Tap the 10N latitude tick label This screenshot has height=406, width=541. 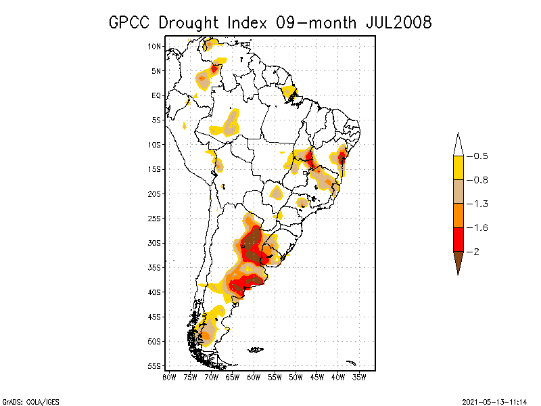click(155, 46)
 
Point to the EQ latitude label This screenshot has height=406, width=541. click(156, 95)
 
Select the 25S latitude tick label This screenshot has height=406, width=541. click(155, 218)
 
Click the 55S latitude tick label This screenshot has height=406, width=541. click(155, 365)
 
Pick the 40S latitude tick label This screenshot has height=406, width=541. click(155, 292)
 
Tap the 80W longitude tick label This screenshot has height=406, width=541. click(170, 376)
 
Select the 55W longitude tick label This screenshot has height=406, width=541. click(275, 376)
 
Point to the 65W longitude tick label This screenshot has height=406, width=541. click(233, 376)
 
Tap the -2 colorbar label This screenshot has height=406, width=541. click(477, 252)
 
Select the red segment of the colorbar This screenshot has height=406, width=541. click(458, 239)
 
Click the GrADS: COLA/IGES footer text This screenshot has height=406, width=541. click(24, 400)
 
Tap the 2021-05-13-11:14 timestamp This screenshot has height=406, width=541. click(494, 400)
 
